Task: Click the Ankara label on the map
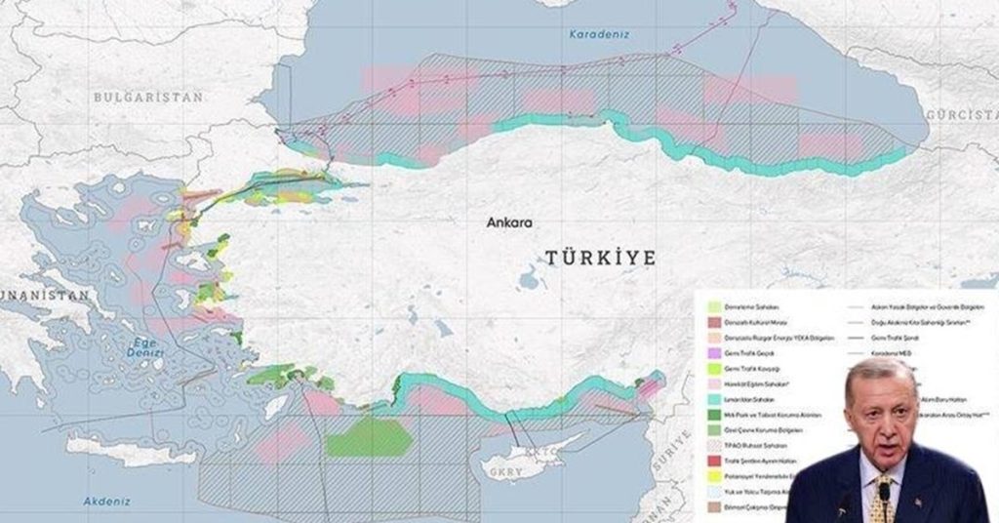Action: click(510, 222)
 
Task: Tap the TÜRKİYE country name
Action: click(599, 258)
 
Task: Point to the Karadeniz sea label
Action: click(599, 34)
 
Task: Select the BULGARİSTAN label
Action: click(148, 98)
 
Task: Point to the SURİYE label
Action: click(672, 449)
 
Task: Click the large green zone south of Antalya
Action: click(369, 438)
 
